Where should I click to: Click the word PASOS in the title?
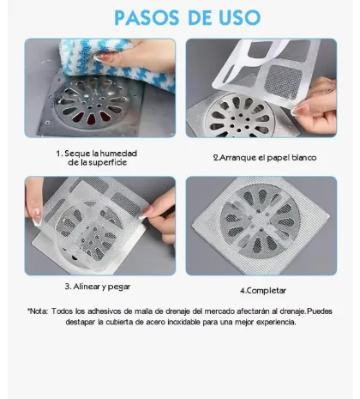coord(147,18)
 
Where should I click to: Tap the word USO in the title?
coord(240,18)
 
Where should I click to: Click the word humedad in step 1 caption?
coord(118,154)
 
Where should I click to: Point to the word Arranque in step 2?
coord(237,158)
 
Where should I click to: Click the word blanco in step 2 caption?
coord(303,158)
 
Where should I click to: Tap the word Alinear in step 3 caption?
coord(85,287)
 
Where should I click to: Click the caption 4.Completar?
coord(263,291)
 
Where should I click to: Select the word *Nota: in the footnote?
coord(38,311)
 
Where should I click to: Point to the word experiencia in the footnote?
coord(276,323)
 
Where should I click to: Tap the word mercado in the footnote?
coord(219,311)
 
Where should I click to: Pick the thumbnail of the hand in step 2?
coord(298,110)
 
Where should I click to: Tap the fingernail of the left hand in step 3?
coord(37,217)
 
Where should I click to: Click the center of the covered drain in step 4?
coord(260,221)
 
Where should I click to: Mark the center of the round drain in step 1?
coord(91,101)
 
